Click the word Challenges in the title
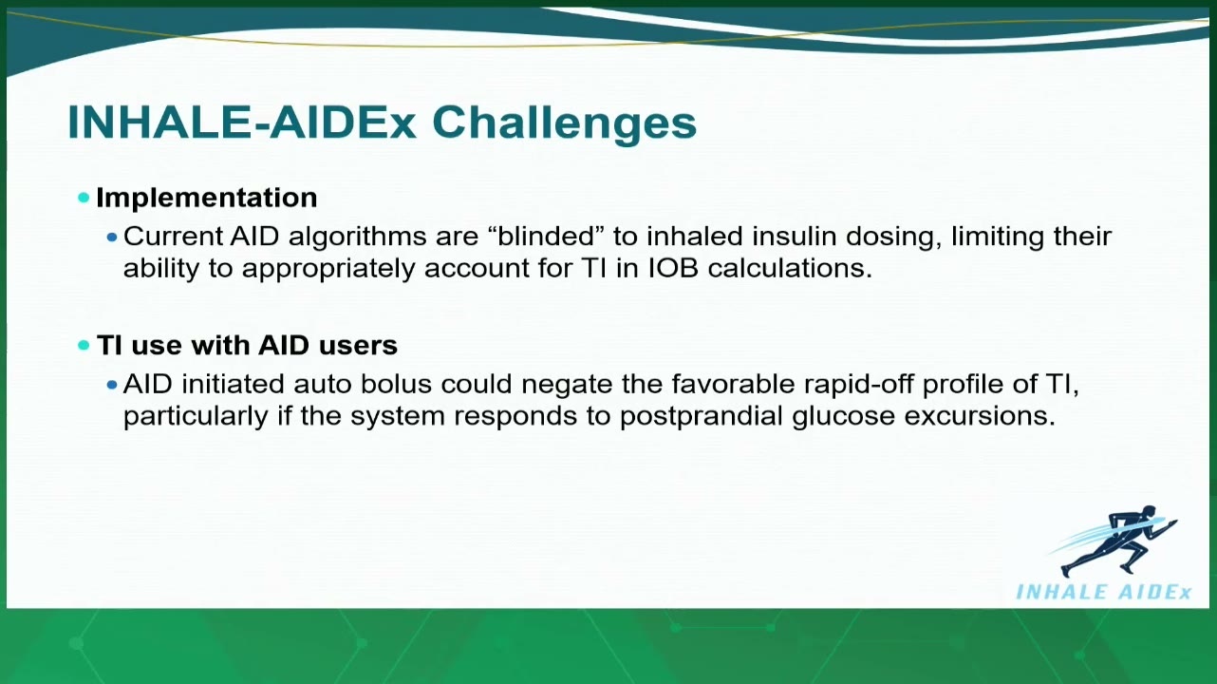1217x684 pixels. (564, 123)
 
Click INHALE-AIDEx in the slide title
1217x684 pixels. (242, 123)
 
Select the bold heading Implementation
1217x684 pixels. (206, 198)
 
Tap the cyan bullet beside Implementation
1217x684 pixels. (84, 198)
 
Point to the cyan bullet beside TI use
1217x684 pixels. (84, 345)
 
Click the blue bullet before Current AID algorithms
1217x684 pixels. (112, 237)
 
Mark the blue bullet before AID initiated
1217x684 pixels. (112, 385)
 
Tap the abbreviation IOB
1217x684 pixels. (673, 268)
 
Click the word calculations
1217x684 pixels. (790, 268)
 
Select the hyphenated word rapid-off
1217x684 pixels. (858, 385)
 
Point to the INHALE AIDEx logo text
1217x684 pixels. (1103, 592)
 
